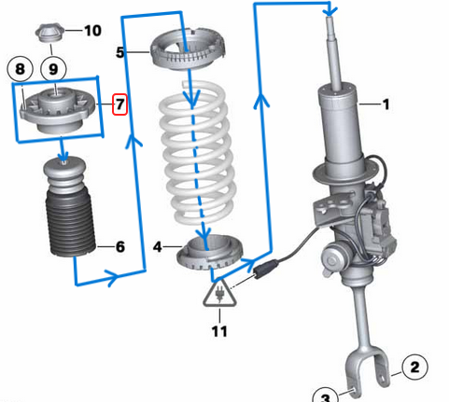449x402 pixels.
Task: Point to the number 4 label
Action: (x=158, y=246)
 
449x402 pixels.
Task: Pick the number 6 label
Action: (x=119, y=247)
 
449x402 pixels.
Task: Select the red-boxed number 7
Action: (x=119, y=103)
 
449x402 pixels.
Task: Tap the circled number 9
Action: (x=52, y=69)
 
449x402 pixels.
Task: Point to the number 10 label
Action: (x=92, y=31)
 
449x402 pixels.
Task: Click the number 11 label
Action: (x=218, y=330)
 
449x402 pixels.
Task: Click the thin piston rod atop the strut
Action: (x=332, y=51)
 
